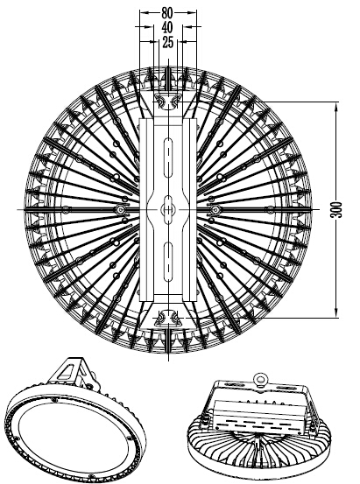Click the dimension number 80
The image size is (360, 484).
(x=167, y=12)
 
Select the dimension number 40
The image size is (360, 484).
(x=167, y=27)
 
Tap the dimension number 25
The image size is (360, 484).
(x=167, y=42)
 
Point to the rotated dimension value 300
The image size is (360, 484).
(x=336, y=210)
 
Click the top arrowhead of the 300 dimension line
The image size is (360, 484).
(x=335, y=108)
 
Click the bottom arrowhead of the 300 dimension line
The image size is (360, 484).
(x=335, y=312)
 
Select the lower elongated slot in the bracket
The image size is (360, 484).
(x=168, y=262)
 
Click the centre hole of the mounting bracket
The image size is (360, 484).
(x=168, y=210)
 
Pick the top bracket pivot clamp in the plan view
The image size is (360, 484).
(x=168, y=102)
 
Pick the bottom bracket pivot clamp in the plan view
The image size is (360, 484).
(x=168, y=318)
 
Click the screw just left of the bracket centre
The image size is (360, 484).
(x=120, y=210)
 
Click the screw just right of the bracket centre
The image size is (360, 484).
(x=215, y=210)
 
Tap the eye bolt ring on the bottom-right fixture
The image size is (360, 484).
(x=259, y=379)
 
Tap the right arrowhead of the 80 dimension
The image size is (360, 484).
(x=191, y=12)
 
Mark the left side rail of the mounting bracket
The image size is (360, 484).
(x=146, y=210)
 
